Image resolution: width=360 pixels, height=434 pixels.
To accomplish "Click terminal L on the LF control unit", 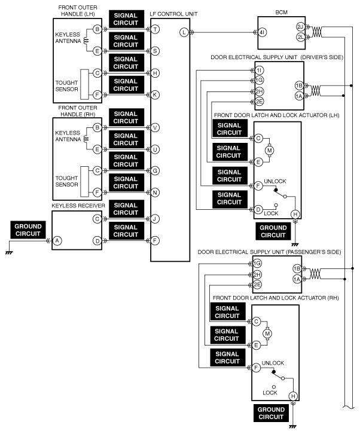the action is (184, 32).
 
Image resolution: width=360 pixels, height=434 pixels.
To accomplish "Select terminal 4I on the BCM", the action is (262, 32).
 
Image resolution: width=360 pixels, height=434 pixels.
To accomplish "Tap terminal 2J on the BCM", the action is (300, 27).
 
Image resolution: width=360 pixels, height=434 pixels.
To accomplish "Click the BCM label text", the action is (281, 12).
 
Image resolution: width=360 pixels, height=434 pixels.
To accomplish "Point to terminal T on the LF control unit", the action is (155, 29).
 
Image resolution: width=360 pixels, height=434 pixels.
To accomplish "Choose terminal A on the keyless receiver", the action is (57, 240).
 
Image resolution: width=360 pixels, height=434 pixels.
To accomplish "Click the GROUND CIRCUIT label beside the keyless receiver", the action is (28, 230).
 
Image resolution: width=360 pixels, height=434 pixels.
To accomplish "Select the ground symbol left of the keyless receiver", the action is (9, 253).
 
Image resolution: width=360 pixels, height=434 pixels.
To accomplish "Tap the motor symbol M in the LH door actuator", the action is (269, 150).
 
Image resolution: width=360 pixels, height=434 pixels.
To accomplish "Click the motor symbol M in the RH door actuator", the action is (267, 334).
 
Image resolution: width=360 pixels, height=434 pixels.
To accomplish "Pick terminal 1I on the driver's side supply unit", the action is (259, 70).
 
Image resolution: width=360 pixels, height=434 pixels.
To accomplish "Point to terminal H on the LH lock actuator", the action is (295, 214).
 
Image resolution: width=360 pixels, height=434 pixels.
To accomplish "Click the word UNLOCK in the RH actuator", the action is (273, 363).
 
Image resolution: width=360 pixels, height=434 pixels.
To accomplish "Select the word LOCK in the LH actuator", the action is (271, 213).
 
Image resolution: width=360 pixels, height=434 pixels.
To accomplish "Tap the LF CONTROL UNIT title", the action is (173, 14).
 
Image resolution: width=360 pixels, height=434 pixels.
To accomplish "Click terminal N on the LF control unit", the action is (155, 192).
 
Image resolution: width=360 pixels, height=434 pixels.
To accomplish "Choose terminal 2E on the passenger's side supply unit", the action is (257, 285).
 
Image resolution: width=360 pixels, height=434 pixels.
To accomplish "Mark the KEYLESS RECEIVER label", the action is (78, 206).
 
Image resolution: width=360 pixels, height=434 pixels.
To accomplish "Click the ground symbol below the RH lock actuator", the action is (292, 426).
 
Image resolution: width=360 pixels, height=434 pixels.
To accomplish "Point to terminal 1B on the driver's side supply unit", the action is (299, 85).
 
